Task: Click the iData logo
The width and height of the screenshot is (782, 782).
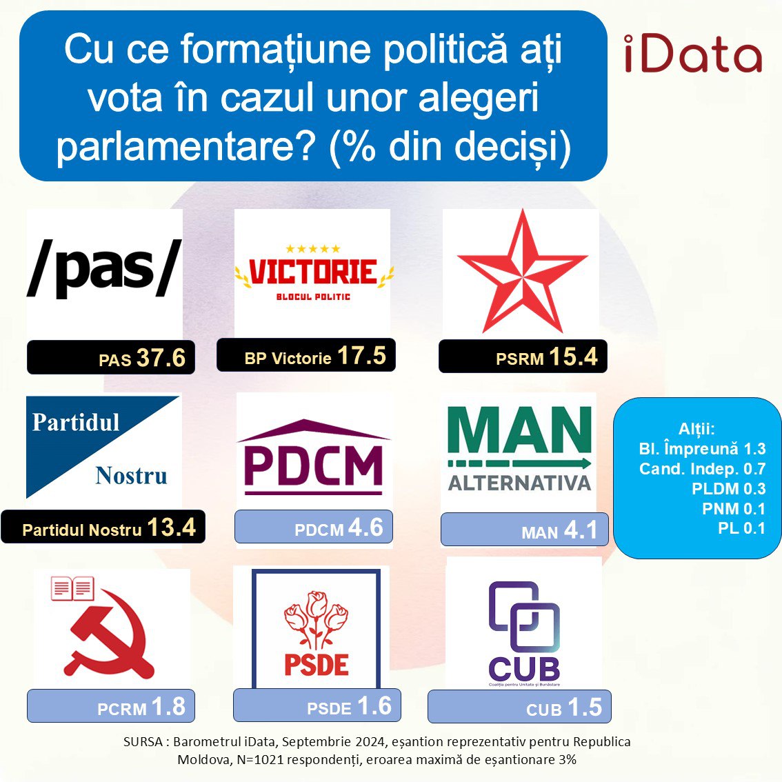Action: point(693,54)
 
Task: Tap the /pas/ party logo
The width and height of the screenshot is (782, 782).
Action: point(104,269)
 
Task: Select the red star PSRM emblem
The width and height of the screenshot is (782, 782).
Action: point(522,271)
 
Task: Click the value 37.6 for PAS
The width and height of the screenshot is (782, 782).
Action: point(161,358)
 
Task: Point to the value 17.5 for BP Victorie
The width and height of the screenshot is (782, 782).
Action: point(361,356)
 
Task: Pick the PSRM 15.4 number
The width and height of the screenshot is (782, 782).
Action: point(573,357)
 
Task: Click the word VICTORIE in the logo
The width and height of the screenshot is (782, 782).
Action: point(312,272)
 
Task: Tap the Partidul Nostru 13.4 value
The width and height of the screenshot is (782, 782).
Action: point(171,527)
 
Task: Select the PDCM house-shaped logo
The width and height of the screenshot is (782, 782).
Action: point(314,457)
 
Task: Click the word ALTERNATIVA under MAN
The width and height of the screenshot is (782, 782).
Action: point(519,483)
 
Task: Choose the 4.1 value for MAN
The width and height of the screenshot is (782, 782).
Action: point(579,530)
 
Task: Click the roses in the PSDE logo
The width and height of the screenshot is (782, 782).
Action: point(316,619)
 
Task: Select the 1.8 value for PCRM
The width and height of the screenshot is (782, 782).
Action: point(168,707)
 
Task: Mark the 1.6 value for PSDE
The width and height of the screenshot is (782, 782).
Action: point(374,706)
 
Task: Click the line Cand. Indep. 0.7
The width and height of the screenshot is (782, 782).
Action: point(702,469)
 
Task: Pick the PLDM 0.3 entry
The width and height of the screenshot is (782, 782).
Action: point(728,489)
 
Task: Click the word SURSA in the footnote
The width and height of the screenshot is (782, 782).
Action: point(143,741)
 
